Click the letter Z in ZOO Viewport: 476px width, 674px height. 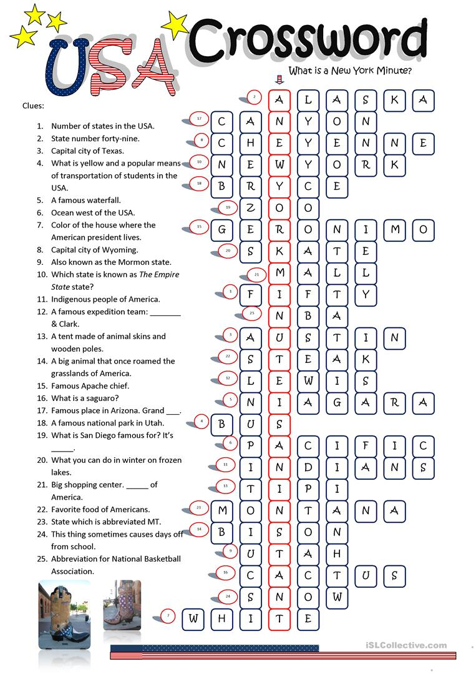click(x=250, y=208)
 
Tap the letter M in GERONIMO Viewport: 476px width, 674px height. click(x=395, y=229)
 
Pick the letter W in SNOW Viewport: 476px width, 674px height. click(x=337, y=597)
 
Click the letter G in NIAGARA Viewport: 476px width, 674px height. click(x=337, y=402)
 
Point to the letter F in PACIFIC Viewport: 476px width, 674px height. click(x=366, y=445)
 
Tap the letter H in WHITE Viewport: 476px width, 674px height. click(x=222, y=619)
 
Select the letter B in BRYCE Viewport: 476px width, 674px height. click(x=221, y=186)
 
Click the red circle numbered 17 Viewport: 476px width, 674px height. click(x=199, y=119)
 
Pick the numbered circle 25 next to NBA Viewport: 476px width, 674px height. click(x=252, y=312)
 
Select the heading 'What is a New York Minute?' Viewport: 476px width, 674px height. click(x=349, y=71)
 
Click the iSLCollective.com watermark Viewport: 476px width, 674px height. click(x=411, y=645)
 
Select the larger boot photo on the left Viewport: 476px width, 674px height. click(x=64, y=615)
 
